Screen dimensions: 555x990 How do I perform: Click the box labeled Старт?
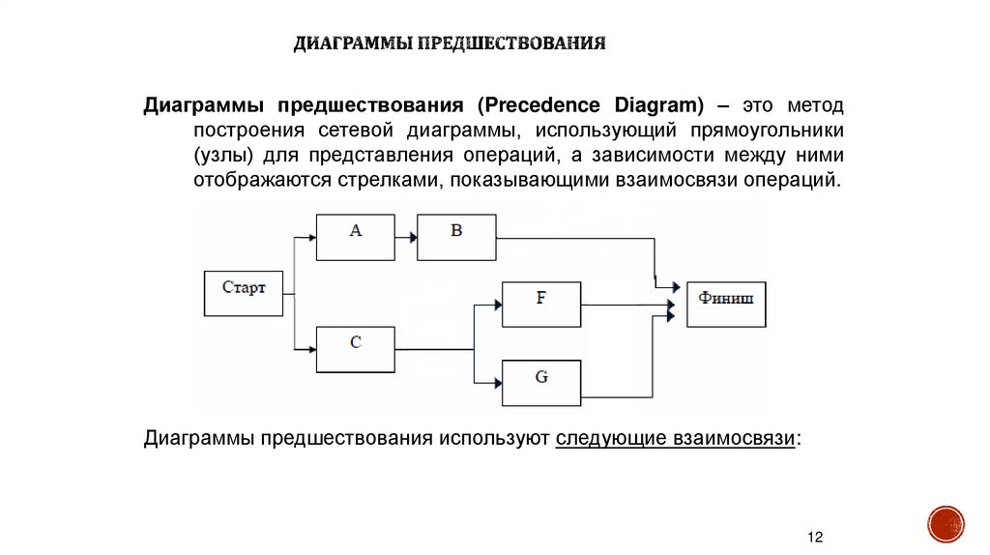244,293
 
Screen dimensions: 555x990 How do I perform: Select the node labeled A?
355,237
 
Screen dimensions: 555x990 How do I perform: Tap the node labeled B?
456,237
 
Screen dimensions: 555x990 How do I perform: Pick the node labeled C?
355,349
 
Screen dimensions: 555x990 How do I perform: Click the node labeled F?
541,305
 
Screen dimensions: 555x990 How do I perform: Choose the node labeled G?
541,383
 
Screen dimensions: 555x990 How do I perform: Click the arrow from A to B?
405,237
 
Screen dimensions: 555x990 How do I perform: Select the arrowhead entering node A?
310,237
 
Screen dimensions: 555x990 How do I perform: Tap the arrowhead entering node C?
310,349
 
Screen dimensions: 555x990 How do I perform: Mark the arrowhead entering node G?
497,383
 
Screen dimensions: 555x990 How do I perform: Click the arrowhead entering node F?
497,305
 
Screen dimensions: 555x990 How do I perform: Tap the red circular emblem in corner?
946,524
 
